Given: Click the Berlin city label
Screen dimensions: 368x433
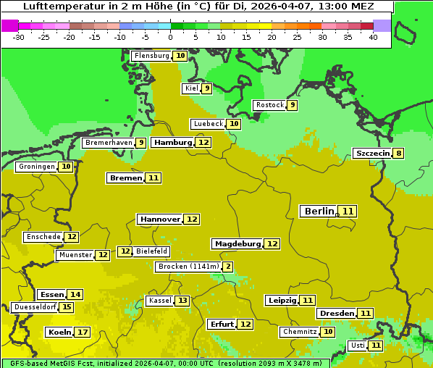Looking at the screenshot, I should point(319,211).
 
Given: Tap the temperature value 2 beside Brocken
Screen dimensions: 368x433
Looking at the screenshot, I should point(228,267).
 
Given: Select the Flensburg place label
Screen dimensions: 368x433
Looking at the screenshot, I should point(151,56).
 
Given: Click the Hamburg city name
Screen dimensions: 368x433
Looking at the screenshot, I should point(173,143).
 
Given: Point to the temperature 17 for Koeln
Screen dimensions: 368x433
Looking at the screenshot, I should point(83,333).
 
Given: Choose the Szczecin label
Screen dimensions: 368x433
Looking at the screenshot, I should point(372,154).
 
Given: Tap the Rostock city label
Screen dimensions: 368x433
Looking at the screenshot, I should point(269,105).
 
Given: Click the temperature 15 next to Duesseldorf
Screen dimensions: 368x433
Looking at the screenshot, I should point(67,307).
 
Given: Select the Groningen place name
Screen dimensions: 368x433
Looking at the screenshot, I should point(36,167).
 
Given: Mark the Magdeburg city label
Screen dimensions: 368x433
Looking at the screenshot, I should point(237,244).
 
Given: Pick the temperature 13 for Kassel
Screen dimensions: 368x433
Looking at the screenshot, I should point(182,301).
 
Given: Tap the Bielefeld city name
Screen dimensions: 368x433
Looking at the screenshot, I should point(151,251).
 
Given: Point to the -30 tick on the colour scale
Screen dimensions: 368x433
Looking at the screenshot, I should point(19,36).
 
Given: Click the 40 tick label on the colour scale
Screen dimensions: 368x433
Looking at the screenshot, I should point(373,36).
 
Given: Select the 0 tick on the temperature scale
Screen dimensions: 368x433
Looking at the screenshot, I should point(170,36).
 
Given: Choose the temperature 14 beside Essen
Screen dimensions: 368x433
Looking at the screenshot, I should point(75,295).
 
